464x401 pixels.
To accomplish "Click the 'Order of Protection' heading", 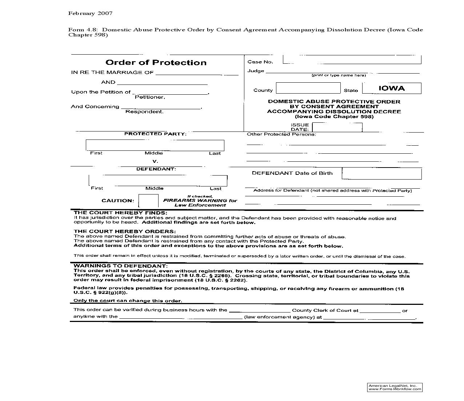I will [156, 63].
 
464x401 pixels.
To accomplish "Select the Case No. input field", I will [352, 60].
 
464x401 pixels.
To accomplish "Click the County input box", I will [308, 88].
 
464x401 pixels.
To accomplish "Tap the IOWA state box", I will [392, 89].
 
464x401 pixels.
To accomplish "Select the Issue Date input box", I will [337, 127].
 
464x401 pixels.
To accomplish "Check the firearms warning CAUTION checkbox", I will [149, 201].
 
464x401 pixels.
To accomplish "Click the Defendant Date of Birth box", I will [381, 174].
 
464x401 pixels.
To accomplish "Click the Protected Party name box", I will [155, 145].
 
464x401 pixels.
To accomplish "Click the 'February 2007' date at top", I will [90, 13].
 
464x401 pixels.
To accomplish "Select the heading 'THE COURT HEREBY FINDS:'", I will [120, 213].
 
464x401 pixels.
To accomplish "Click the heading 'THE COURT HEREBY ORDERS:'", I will [124, 231].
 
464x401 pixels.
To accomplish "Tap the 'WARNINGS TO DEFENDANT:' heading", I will [120, 266].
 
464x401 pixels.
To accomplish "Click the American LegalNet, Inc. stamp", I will [395, 387].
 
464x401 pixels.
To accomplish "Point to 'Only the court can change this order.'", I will [128, 301].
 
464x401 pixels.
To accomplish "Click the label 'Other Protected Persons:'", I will [281, 134].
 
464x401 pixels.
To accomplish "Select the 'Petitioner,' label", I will [150, 97].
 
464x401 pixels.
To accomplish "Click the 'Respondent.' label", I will [144, 112].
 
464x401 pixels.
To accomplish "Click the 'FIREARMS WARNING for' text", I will [200, 201].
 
